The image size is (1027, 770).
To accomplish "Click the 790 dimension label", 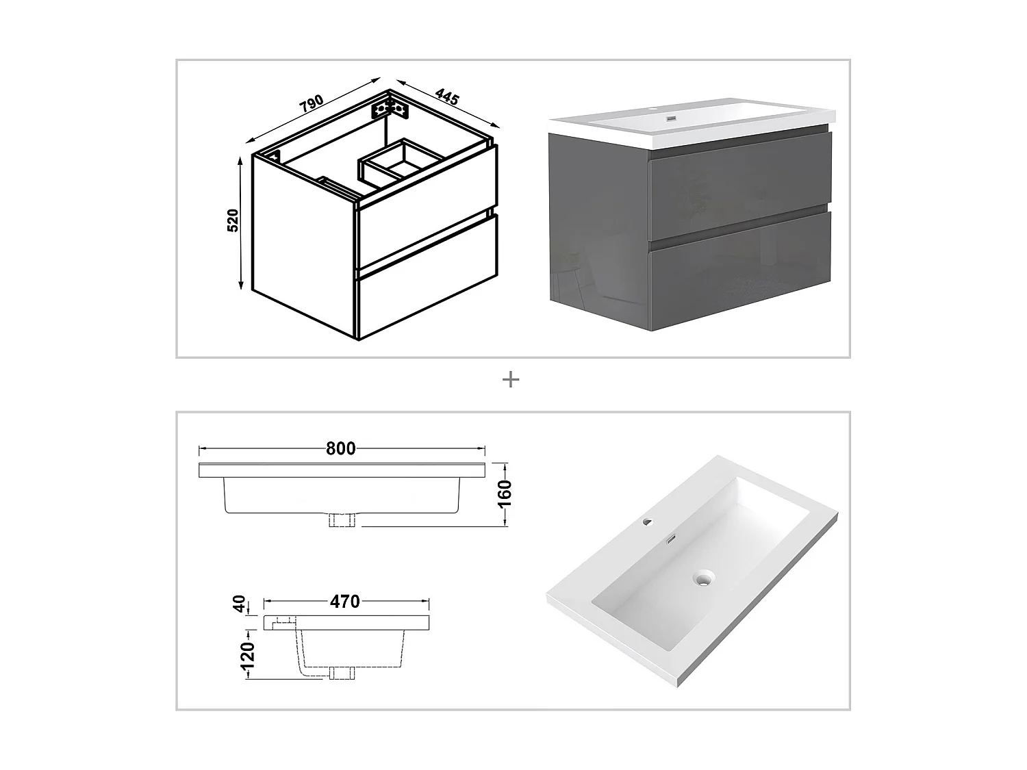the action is click(x=312, y=103).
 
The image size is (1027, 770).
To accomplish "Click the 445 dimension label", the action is click(x=447, y=97).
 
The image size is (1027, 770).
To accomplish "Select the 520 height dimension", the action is click(x=233, y=220).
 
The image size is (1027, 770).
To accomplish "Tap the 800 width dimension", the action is click(x=340, y=449).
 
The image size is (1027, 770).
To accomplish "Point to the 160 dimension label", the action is click(x=505, y=493).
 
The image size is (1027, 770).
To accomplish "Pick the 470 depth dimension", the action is click(x=345, y=602).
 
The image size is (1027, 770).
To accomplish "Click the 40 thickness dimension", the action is click(x=239, y=604).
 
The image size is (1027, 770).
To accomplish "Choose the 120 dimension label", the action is click(x=247, y=655).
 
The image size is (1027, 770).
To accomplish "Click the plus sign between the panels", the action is click(x=511, y=380).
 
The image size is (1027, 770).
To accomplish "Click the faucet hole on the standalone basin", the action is click(x=648, y=522).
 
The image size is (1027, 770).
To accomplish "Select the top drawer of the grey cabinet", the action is click(x=739, y=186).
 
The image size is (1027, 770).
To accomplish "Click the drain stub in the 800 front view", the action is click(x=342, y=520).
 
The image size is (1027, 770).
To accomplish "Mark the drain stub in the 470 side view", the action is click(x=342, y=673).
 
